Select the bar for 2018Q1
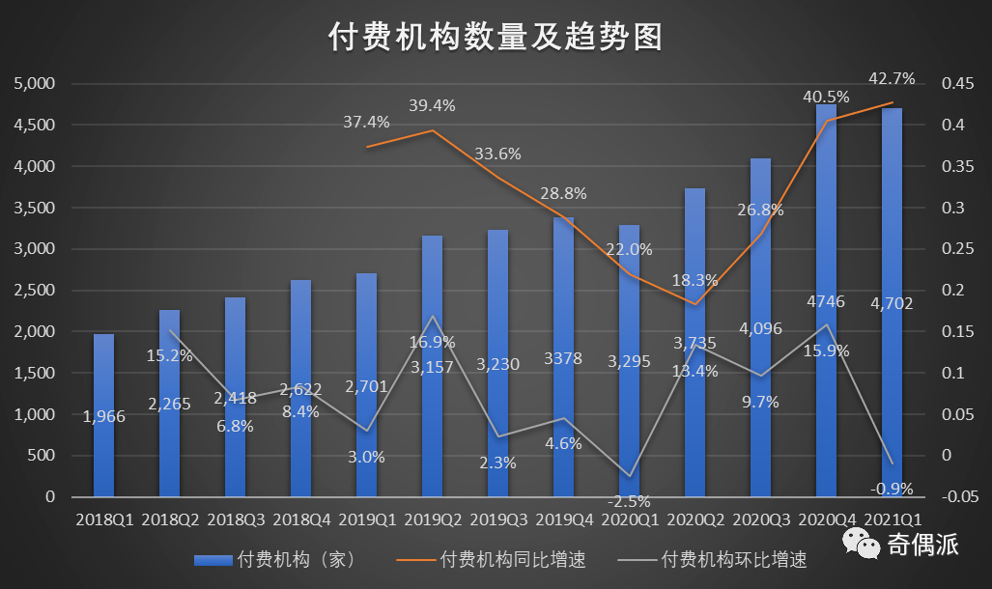(x=103, y=415)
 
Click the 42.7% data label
(x=892, y=78)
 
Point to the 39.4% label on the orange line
(x=432, y=104)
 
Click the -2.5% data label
(x=628, y=501)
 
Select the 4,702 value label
(x=891, y=303)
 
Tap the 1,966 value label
(x=103, y=416)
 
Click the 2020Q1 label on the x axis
(x=629, y=519)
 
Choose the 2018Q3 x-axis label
(x=235, y=519)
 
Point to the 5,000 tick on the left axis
(x=35, y=84)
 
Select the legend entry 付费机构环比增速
(x=733, y=559)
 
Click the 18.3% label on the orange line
(x=694, y=280)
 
